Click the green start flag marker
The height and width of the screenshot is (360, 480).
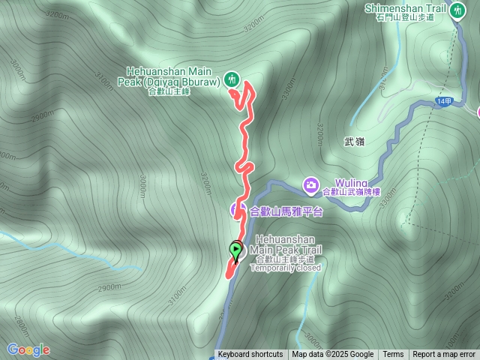coord(236,250)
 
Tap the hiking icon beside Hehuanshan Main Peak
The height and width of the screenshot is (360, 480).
coord(232,78)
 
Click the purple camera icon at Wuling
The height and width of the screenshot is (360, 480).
coord(310,184)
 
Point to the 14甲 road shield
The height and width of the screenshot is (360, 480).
coord(443,101)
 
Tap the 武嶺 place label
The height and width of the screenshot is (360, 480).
coord(354,141)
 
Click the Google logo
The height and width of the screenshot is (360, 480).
coord(28,349)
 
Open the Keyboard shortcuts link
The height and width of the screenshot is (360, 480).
coord(250,355)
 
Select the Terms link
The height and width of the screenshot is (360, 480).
coord(393,355)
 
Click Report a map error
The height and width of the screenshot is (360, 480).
coord(444,355)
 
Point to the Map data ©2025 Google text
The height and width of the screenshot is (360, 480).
coord(333,355)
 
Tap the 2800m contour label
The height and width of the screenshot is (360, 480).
coord(20,325)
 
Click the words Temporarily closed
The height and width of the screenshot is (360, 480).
coord(285,268)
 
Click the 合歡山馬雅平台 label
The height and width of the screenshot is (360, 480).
coord(285,211)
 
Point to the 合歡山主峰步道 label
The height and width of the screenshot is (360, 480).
coord(285,259)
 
